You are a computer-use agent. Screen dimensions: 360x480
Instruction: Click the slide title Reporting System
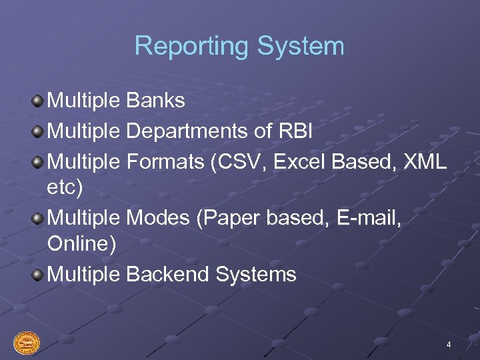point(239,46)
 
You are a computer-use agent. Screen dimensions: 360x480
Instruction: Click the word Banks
point(155,101)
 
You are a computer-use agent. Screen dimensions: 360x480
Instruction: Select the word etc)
point(65,188)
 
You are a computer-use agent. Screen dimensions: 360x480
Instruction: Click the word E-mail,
point(375,217)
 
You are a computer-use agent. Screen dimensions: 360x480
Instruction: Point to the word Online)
point(82,244)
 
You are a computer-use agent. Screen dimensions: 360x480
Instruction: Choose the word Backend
point(167,274)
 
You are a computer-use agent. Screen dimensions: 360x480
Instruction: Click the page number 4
point(449,345)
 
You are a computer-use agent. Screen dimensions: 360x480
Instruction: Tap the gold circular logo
point(27,343)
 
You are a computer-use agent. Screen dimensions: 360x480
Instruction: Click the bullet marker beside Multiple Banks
point(38,101)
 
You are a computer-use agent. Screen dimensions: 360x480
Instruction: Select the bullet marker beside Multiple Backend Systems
point(38,275)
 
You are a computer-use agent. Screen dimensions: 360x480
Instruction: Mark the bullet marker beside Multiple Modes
point(38,218)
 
